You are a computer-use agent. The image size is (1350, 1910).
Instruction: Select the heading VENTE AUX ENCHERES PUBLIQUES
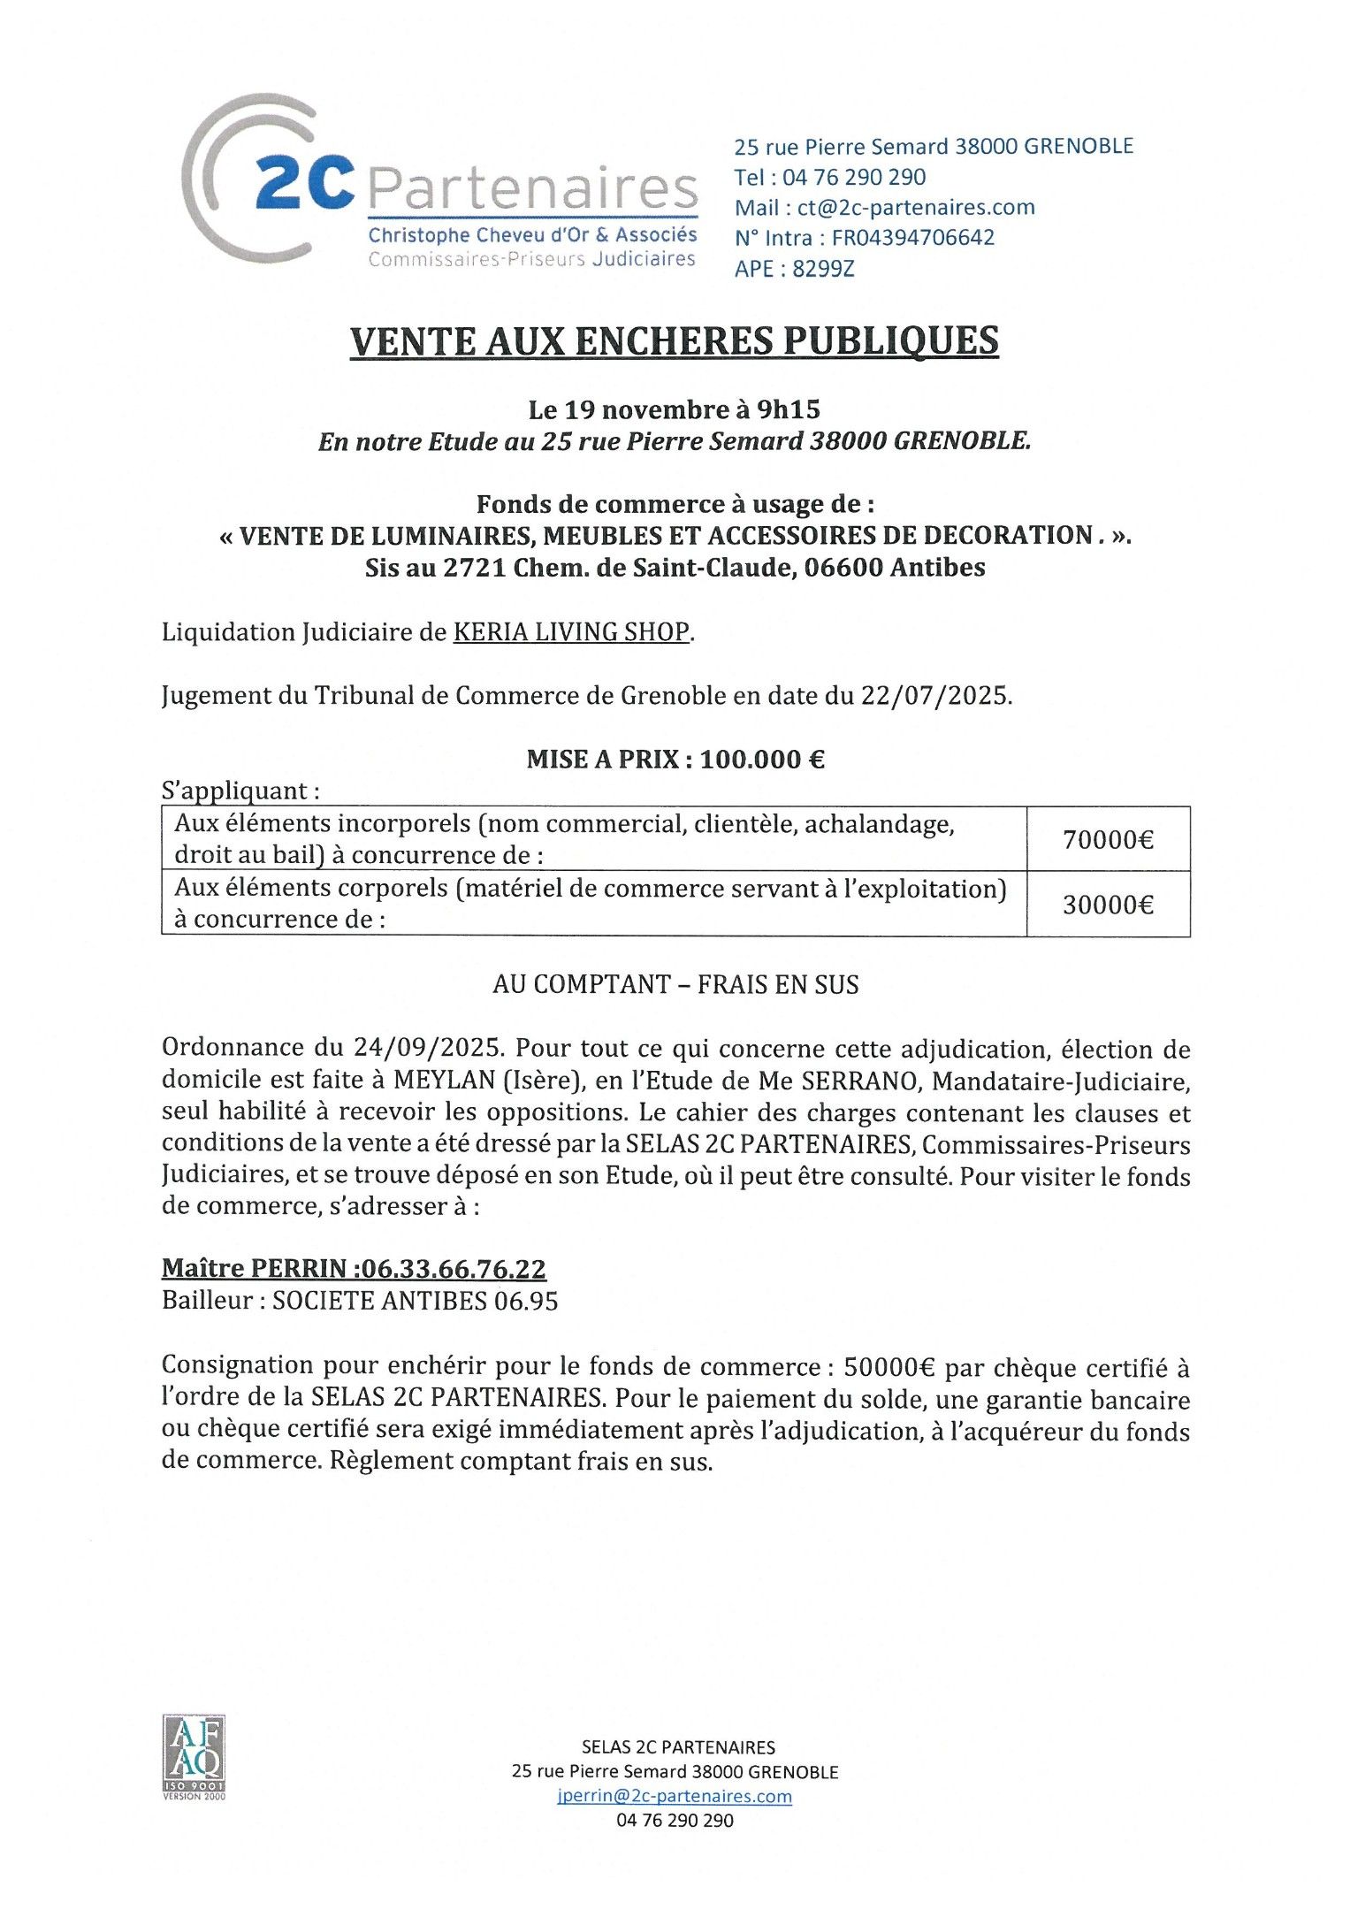pyautogui.click(x=674, y=341)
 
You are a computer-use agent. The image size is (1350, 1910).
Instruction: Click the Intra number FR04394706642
pyautogui.click(x=912, y=238)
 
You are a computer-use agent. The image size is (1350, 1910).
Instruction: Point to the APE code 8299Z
pyautogui.click(x=823, y=269)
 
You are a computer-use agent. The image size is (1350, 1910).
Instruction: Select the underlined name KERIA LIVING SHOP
pyautogui.click(x=570, y=632)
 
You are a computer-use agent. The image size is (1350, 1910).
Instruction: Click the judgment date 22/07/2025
pyautogui.click(x=934, y=696)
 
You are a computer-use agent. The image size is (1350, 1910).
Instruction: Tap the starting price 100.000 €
pyautogui.click(x=762, y=760)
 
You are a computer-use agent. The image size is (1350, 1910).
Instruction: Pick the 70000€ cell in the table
pyautogui.click(x=1108, y=839)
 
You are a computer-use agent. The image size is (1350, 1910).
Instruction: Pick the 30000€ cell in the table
pyautogui.click(x=1108, y=905)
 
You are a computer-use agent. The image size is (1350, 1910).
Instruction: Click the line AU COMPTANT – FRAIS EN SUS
pyautogui.click(x=675, y=985)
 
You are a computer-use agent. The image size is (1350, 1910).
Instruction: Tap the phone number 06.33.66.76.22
pyautogui.click(x=454, y=1269)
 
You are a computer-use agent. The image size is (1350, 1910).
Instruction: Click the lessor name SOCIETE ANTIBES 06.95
pyautogui.click(x=415, y=1301)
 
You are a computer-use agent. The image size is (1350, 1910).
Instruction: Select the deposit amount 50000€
pyautogui.click(x=889, y=1368)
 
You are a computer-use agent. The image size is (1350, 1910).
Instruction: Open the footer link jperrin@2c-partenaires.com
pyautogui.click(x=675, y=1796)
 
